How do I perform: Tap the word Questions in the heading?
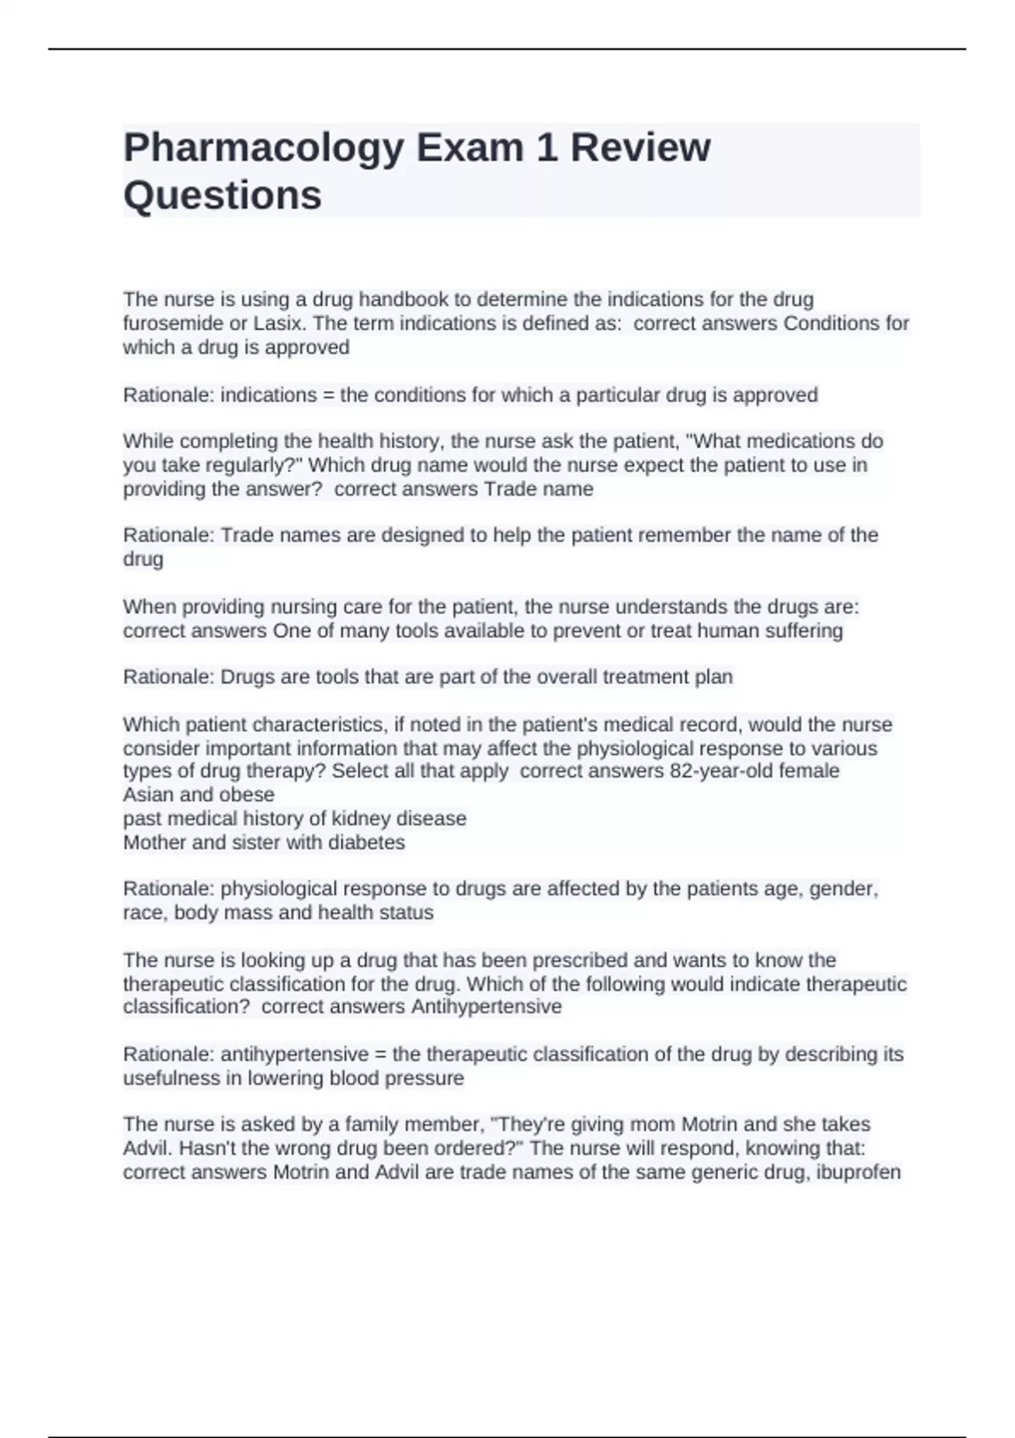(x=222, y=195)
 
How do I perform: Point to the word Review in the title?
(x=640, y=147)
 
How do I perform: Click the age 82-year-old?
(x=724, y=771)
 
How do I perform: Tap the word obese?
(x=246, y=795)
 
